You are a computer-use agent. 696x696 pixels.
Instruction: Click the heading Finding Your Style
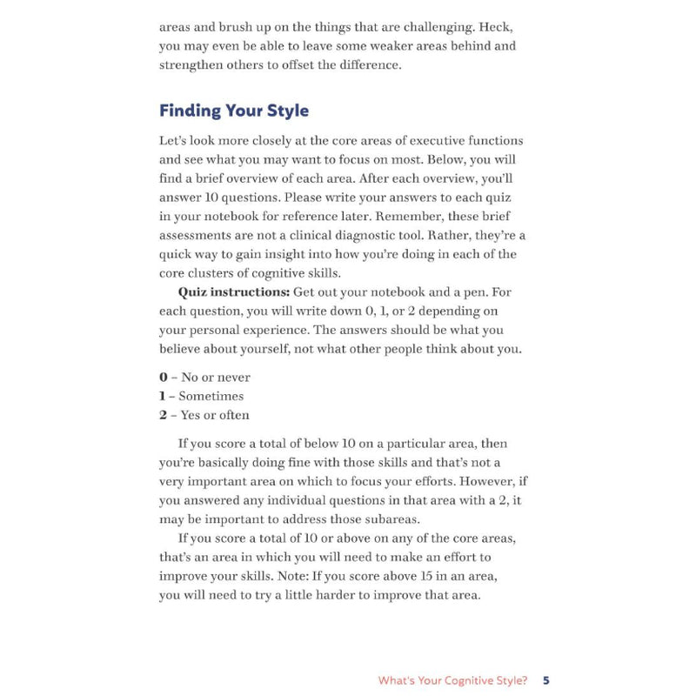pos(234,111)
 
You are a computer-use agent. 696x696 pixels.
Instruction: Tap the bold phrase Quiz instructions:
pos(234,292)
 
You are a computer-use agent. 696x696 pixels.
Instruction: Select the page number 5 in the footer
pos(545,680)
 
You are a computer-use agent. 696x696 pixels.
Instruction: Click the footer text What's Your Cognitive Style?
pos(452,680)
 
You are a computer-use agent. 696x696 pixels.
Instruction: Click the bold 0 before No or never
pos(163,378)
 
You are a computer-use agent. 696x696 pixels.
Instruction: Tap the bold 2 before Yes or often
pos(163,415)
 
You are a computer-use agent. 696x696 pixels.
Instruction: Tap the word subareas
pos(379,519)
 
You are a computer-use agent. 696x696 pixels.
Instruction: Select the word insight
pos(282,254)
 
